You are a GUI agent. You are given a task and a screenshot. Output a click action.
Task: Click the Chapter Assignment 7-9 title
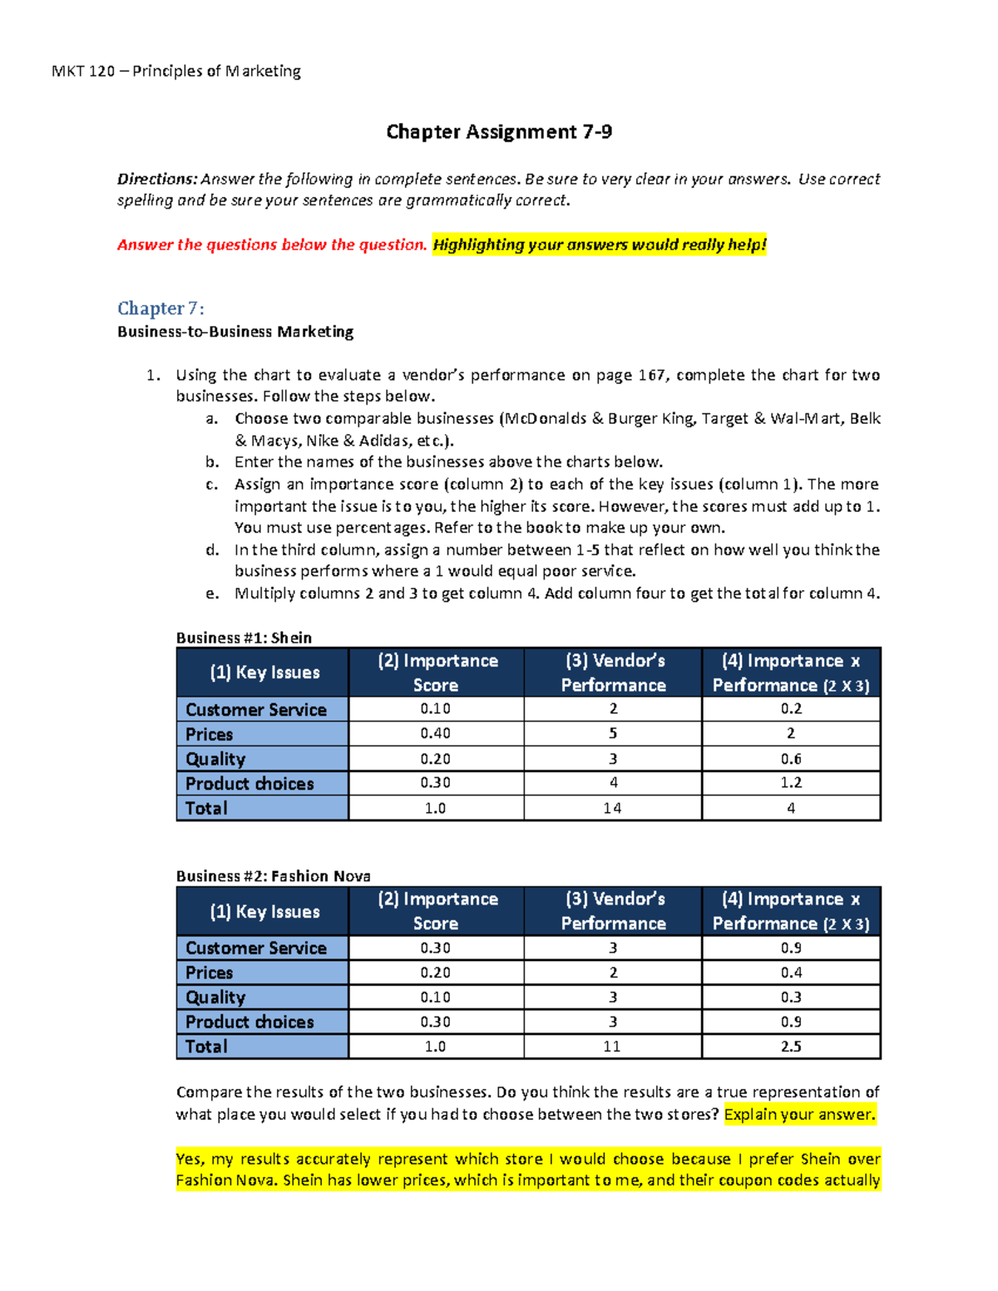click(x=499, y=132)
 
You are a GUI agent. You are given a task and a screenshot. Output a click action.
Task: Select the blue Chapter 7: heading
click(x=161, y=308)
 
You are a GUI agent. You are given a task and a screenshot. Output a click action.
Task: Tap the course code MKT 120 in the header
click(x=83, y=71)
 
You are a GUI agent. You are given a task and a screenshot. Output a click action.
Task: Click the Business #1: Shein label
click(x=244, y=638)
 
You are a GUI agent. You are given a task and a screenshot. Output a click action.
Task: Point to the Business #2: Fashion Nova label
click(x=273, y=876)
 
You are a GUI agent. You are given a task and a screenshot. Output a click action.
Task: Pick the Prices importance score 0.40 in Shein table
click(x=435, y=733)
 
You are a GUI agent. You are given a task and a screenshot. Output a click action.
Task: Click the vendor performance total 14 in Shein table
click(x=612, y=808)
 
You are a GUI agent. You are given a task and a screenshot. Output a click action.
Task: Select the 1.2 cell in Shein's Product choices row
click(x=791, y=783)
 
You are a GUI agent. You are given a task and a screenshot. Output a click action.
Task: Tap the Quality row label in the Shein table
click(x=215, y=759)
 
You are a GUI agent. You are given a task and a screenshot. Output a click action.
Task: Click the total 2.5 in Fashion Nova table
click(x=791, y=1047)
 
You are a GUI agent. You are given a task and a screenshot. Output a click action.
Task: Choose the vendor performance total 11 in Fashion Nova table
click(x=612, y=1047)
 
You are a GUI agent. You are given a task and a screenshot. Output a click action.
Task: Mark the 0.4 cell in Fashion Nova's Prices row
click(x=791, y=973)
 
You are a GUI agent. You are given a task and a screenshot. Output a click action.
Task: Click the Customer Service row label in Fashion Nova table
click(x=255, y=949)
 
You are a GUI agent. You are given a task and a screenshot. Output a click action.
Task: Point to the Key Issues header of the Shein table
click(x=264, y=673)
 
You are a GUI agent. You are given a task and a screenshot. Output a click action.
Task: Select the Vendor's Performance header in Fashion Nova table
click(x=613, y=911)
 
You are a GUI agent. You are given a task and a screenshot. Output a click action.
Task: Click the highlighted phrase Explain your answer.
click(x=799, y=1115)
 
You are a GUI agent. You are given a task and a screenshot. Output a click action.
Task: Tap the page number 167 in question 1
click(x=651, y=375)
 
